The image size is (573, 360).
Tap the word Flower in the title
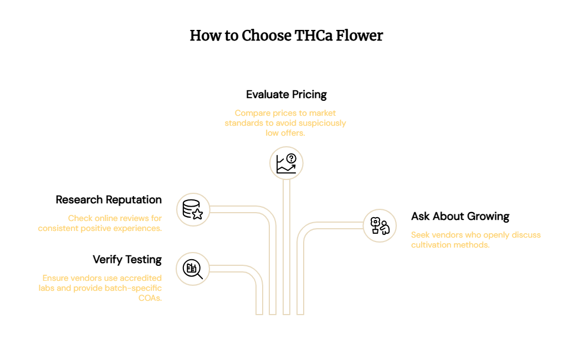[x=359, y=35]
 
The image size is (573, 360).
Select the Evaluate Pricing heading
[x=286, y=95]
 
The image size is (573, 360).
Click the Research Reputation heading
[x=109, y=200]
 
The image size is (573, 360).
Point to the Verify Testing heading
[x=127, y=260]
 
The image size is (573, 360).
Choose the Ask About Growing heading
[x=460, y=217]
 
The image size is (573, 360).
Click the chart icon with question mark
[x=286, y=163]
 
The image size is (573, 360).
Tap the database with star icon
[x=193, y=209]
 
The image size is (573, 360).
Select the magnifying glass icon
[x=193, y=269]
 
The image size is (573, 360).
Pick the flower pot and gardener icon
[x=380, y=226]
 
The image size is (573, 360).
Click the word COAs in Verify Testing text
[x=150, y=298]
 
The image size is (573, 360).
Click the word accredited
[x=141, y=278]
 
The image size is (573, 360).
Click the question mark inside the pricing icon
[x=291, y=158]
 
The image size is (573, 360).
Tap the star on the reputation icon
[x=197, y=214]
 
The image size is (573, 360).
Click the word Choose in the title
[x=267, y=35]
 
